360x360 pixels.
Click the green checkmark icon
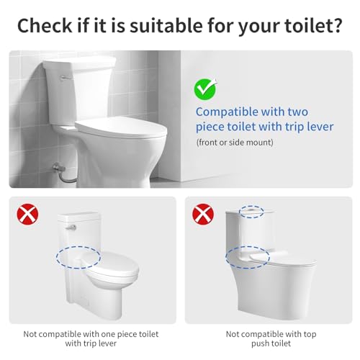[205, 89]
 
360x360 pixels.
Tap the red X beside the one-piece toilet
[27, 214]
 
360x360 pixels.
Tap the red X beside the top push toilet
[203, 214]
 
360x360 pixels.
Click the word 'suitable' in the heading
[166, 25]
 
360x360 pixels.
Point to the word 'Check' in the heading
[45, 25]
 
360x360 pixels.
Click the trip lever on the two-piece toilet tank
[66, 78]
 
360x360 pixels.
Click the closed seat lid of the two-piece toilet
[121, 128]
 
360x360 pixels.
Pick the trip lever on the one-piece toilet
[71, 228]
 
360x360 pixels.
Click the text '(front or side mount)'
[235, 143]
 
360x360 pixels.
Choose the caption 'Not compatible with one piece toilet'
[91, 334]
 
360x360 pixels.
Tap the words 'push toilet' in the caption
[271, 343]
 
